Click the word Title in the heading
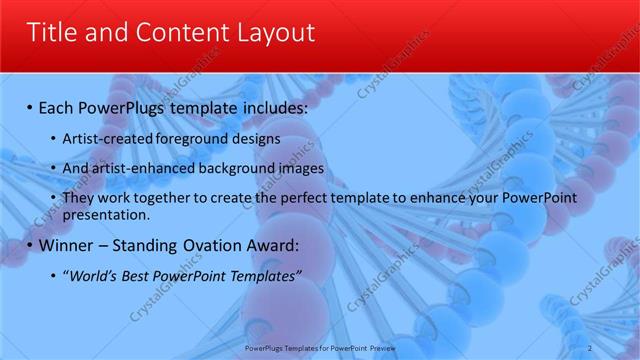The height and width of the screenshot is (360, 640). coord(52,32)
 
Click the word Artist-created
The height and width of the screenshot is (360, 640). coord(103,139)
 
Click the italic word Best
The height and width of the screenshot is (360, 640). coord(139,276)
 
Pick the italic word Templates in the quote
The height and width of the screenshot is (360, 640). coord(260,276)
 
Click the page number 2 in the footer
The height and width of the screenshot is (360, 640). coord(590,348)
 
